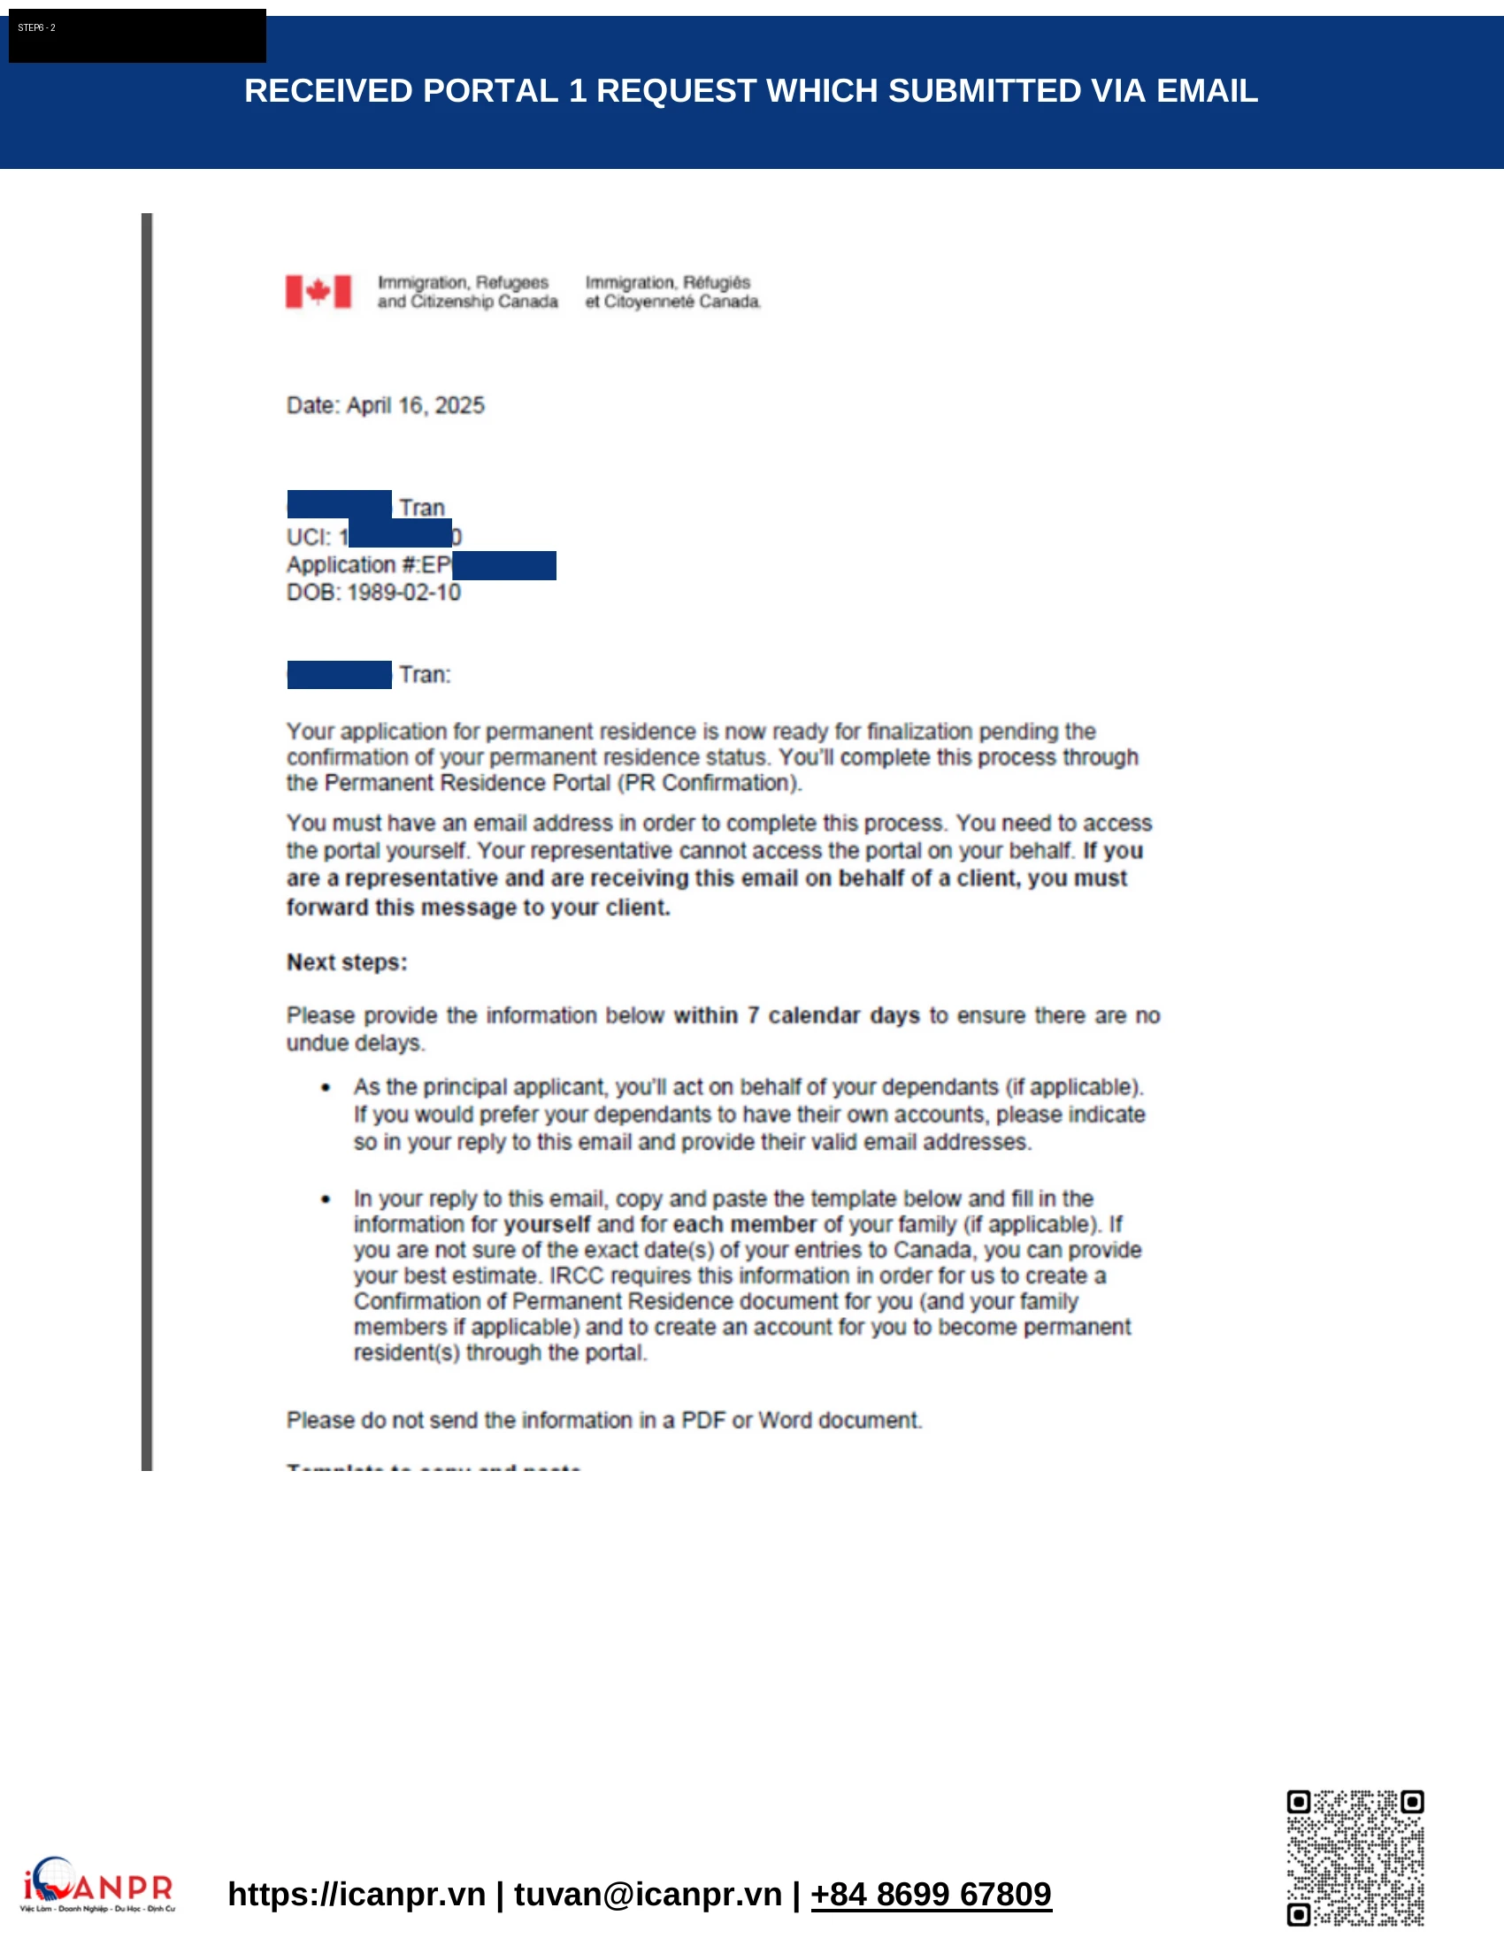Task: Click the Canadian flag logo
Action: tap(318, 291)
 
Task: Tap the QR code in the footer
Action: tap(1354, 1858)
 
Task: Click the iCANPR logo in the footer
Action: tap(97, 1886)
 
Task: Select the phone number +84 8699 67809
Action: tap(931, 1895)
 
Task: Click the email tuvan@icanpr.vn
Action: tap(648, 1895)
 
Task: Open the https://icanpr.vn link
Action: tap(357, 1895)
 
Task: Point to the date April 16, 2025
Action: tap(415, 405)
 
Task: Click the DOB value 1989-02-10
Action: tap(403, 593)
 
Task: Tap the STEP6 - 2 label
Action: tap(36, 28)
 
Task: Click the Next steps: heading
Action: tap(347, 962)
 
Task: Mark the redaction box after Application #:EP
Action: tap(503, 565)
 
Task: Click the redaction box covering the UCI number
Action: tap(399, 532)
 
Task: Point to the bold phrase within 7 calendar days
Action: tap(796, 1015)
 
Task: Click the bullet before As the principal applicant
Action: tap(326, 1087)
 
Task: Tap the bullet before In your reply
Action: tap(326, 1199)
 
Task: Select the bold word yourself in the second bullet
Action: tap(546, 1224)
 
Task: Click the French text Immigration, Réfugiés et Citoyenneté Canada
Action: tap(672, 292)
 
